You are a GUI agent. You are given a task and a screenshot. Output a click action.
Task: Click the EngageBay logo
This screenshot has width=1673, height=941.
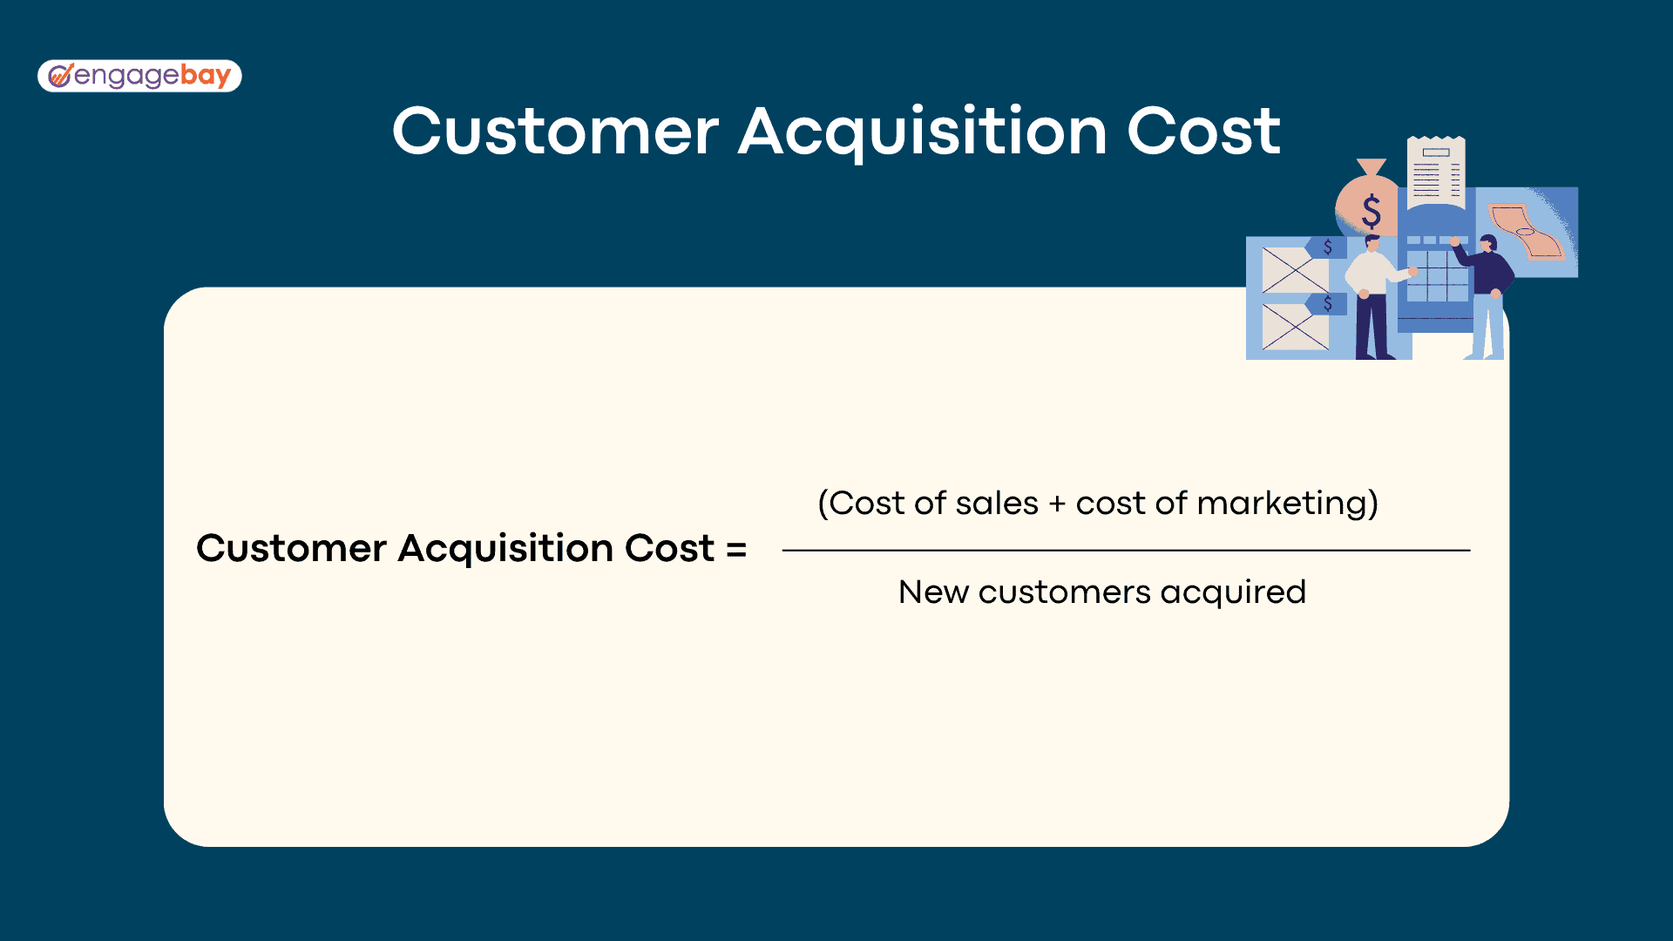pyautogui.click(x=139, y=76)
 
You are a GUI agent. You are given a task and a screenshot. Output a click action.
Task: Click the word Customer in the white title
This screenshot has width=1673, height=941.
pyautogui.click(x=556, y=132)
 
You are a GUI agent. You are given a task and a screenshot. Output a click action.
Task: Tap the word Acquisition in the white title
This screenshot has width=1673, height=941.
pyautogui.click(x=923, y=132)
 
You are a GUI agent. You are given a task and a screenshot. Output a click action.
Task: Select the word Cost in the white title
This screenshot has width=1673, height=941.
pyautogui.click(x=1203, y=132)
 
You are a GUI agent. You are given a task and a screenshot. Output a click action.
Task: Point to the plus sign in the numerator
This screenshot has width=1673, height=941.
pyautogui.click(x=1057, y=504)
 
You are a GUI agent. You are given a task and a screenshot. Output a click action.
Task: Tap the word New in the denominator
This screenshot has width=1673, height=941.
pyautogui.click(x=933, y=592)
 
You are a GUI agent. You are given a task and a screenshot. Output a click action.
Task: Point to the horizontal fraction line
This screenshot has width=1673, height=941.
pyautogui.click(x=1126, y=551)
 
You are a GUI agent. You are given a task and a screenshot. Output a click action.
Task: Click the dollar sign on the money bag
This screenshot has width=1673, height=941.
pyautogui.click(x=1372, y=212)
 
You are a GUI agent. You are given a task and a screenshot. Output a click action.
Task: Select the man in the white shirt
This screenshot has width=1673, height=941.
pyautogui.click(x=1375, y=297)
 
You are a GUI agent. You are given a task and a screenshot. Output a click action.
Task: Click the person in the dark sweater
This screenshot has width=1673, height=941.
pyautogui.click(x=1487, y=296)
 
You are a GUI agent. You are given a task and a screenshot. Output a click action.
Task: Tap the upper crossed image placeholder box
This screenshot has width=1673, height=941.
pyautogui.click(x=1295, y=269)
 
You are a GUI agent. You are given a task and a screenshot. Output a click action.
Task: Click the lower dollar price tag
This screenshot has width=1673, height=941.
pyautogui.click(x=1326, y=303)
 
